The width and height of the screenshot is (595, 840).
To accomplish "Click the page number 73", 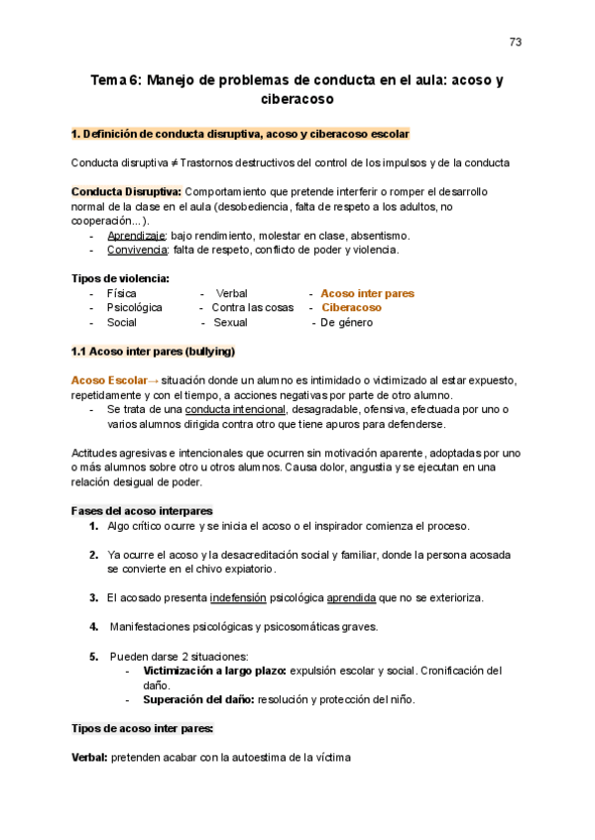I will tap(516, 42).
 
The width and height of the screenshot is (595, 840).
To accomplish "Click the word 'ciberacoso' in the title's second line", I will tap(297, 100).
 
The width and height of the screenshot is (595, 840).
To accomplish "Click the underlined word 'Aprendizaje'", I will tap(137, 236).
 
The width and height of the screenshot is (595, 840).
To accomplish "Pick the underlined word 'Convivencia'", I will tap(138, 250).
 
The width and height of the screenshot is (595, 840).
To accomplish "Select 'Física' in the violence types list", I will tap(122, 293).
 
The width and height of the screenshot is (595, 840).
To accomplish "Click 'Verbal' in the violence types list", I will tap(231, 293).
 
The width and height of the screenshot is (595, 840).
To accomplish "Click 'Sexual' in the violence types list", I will tap(231, 322).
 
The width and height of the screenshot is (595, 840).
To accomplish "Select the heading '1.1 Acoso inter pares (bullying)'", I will tap(153, 352).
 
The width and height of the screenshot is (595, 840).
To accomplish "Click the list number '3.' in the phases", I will tap(94, 597).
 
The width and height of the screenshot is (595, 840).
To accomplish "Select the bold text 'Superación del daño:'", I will tap(198, 699).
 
